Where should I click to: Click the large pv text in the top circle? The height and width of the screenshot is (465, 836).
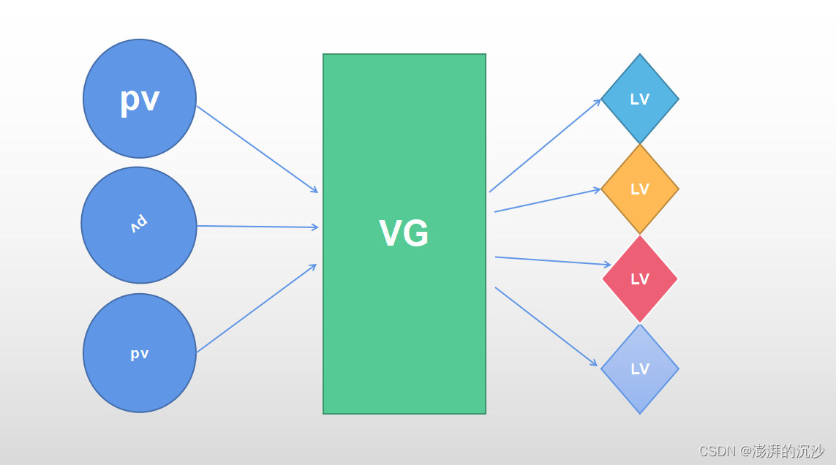(140, 99)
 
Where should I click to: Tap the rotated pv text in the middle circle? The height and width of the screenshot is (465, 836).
(139, 224)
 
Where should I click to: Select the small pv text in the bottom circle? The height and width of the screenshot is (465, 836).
(140, 354)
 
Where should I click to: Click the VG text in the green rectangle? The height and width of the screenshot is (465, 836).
(404, 234)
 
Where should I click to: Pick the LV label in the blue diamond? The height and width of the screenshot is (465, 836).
(640, 99)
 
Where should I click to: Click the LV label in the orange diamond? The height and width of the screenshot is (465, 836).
(640, 189)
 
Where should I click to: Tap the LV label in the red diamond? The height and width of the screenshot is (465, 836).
(640, 279)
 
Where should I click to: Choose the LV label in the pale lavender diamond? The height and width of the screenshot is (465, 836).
(640, 369)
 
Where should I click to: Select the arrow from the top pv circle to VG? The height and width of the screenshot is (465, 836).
(257, 149)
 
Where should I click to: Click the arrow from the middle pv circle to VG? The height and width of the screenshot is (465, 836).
(257, 227)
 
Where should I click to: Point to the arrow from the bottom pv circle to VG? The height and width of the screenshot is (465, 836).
(256, 309)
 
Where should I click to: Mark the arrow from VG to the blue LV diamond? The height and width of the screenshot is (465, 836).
(545, 145)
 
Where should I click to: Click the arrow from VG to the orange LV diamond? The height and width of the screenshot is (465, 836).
(547, 200)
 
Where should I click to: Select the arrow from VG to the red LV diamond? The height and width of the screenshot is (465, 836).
(552, 261)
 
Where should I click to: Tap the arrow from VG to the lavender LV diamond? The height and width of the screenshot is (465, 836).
(546, 326)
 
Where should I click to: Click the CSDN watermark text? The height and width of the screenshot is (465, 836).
(761, 451)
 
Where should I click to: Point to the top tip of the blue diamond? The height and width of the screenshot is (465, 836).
(640, 55)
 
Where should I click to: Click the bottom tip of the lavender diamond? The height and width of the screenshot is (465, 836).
(640, 413)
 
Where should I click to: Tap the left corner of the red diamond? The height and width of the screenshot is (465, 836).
(603, 279)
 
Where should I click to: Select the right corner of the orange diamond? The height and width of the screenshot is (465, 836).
(678, 189)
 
